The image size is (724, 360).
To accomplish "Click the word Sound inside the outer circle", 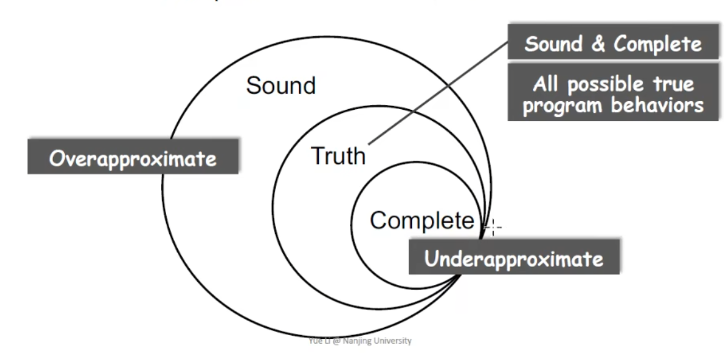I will [x=281, y=85].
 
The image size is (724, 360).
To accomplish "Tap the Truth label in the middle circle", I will [x=338, y=156].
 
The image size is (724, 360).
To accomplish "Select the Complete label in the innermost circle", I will [x=422, y=220].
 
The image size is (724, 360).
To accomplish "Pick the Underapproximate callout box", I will [x=514, y=258].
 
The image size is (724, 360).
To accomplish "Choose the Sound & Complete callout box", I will [x=613, y=44].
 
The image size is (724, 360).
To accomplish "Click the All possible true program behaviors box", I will [x=613, y=94].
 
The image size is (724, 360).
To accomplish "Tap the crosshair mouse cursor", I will [x=493, y=228].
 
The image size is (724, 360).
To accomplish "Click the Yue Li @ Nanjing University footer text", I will [x=360, y=341].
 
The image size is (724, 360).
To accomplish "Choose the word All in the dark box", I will [x=544, y=84].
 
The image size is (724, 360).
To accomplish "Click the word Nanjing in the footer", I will [x=363, y=341].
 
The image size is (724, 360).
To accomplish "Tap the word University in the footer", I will [x=394, y=341].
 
